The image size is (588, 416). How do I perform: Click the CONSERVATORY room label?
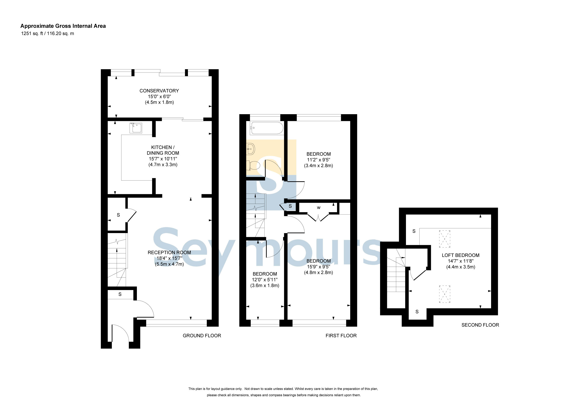coord(159,91)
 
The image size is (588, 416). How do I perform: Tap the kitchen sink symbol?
coord(136,128)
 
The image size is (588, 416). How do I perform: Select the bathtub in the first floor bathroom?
coord(267,128)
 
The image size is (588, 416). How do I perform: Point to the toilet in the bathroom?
coord(253,166)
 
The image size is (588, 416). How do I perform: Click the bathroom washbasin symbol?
coord(250,148)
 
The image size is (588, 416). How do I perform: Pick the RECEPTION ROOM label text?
coord(169,252)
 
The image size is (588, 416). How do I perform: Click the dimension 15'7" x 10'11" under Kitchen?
coord(163,159)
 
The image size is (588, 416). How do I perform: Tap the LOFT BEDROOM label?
coord(461,255)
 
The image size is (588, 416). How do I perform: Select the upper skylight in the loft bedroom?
coord(445,239)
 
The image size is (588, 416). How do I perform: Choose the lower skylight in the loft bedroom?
coord(445,294)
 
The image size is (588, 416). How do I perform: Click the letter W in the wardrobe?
coord(319,208)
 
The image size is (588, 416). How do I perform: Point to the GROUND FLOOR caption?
coord(202,335)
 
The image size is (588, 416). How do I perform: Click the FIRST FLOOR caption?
coord(341,335)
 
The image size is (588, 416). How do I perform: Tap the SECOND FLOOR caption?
coord(480,325)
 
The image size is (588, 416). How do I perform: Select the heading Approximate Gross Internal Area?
coord(63,26)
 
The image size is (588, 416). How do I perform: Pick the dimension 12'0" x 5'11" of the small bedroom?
coord(265,280)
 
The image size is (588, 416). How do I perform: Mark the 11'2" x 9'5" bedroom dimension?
coord(319,160)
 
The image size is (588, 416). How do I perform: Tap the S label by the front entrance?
coord(120,295)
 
